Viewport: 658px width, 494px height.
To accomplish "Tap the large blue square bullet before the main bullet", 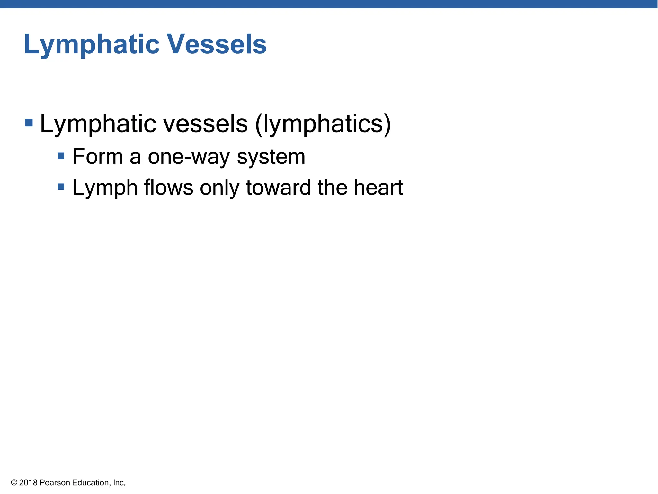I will (29, 123).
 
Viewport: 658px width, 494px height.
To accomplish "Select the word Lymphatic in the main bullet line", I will (98, 124).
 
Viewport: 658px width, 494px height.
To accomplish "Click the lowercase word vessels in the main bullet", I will (205, 124).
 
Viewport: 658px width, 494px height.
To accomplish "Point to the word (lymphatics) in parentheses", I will (323, 124).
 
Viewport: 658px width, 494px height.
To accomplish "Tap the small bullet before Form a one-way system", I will (61, 156).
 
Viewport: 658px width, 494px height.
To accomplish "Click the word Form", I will (98, 157).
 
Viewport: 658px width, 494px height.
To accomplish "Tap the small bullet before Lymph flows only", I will (61, 187).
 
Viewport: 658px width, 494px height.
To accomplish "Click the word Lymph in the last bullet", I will (105, 188).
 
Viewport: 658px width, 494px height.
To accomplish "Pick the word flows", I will (168, 188).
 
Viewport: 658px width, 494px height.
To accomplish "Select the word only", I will (219, 188).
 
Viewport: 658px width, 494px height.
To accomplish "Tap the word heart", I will (378, 188).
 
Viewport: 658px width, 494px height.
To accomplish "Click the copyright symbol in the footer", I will (14, 483).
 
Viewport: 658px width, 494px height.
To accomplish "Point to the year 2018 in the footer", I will (28, 483).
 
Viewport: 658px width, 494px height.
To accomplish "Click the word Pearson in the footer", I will (55, 483).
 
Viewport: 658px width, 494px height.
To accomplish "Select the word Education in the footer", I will (91, 483).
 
